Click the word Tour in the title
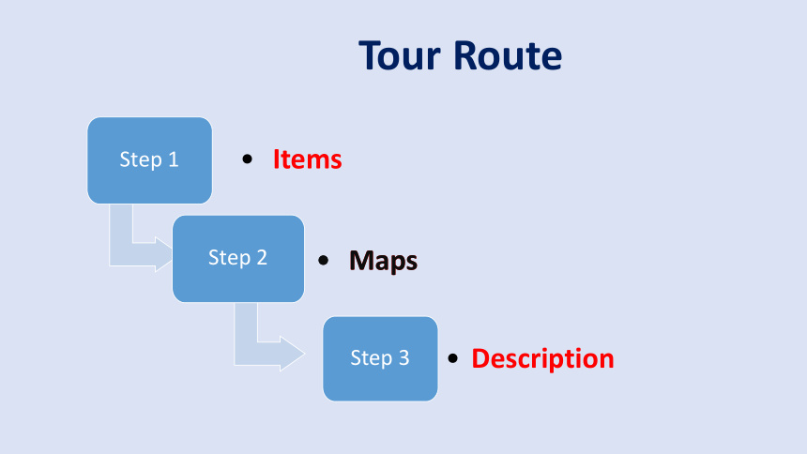click(x=400, y=55)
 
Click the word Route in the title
click(x=508, y=55)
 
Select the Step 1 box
click(x=150, y=160)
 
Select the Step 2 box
click(x=238, y=258)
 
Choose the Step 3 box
click(x=380, y=358)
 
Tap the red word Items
click(x=307, y=159)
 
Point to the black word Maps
click(x=384, y=261)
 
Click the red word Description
click(x=543, y=358)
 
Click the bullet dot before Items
click(x=247, y=159)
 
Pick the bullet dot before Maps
click(x=323, y=261)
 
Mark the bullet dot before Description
click(x=453, y=358)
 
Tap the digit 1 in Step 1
click(x=174, y=159)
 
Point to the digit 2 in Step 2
click(x=262, y=257)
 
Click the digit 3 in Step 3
click(x=404, y=357)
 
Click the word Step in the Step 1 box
click(x=142, y=160)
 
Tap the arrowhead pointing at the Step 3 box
click(x=293, y=354)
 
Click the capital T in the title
click(x=370, y=55)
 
